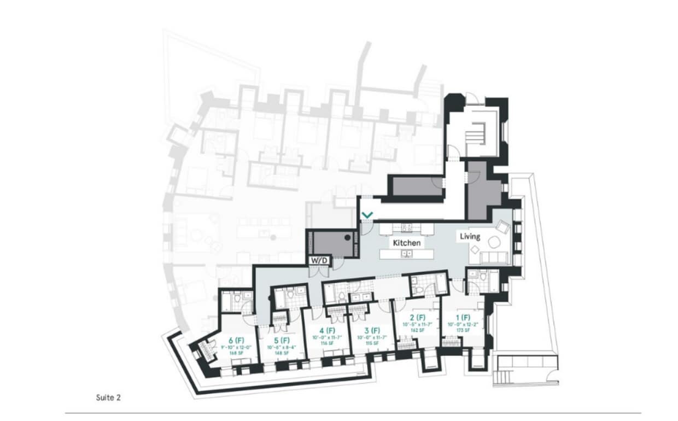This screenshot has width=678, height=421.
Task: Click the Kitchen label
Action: (x=407, y=242)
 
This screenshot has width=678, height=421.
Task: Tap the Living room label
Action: (x=470, y=237)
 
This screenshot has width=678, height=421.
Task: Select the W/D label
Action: (x=319, y=261)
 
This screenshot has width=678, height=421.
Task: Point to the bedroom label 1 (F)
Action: (x=463, y=318)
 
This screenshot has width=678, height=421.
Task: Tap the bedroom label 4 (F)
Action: (x=327, y=331)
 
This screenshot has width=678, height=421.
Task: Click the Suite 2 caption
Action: (x=108, y=397)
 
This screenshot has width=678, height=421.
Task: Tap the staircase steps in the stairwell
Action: (x=477, y=133)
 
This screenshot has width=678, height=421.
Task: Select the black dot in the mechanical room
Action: (x=347, y=238)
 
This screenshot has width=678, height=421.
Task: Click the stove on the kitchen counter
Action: (x=407, y=227)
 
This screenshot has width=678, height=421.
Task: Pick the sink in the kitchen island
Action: (x=406, y=254)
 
